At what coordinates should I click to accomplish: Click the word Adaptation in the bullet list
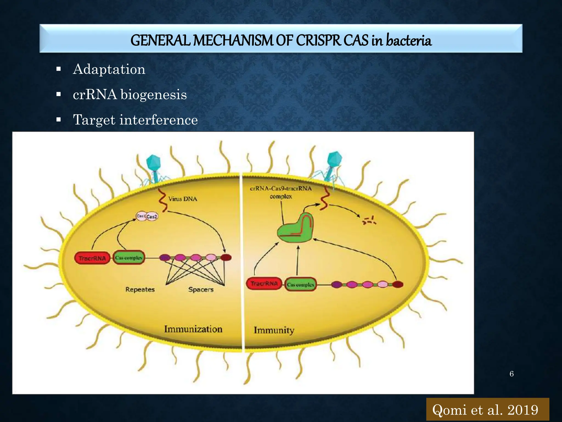109,69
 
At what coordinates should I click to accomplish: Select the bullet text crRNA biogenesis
130,95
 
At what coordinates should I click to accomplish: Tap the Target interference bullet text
135,120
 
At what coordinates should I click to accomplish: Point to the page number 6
512,374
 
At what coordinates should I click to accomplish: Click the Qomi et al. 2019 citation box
487,410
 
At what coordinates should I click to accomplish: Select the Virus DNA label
182,199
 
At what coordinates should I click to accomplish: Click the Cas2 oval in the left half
152,216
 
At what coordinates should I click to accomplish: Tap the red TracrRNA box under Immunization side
92,258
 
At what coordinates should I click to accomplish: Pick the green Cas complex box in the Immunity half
300,285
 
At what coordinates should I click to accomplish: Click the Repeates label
140,290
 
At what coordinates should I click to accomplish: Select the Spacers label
201,290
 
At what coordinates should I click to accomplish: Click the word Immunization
193,329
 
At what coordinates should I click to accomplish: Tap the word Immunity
274,330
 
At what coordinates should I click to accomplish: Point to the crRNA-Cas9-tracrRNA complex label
281,192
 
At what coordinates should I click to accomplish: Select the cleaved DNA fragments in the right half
369,220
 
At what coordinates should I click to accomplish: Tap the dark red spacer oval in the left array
226,257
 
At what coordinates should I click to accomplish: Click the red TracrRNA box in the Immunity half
264,284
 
